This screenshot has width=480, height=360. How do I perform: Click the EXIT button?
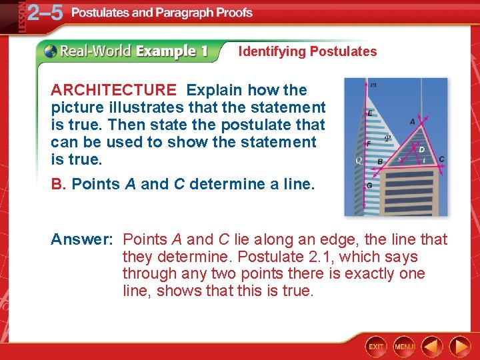point(377,346)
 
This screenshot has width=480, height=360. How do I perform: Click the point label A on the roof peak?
point(412,122)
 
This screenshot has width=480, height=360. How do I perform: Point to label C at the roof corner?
point(441,159)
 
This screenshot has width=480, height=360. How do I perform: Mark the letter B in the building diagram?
point(380,161)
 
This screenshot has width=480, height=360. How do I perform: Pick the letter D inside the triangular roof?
point(420,149)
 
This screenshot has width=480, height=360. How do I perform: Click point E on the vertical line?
point(370,114)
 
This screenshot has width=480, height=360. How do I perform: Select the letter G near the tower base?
point(369,185)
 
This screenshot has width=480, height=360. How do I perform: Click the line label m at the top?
point(373,85)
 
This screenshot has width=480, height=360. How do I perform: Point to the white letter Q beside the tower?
point(359,161)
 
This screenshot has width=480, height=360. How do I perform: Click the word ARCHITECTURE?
point(113,90)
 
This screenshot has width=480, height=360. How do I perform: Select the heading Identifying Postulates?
point(307,51)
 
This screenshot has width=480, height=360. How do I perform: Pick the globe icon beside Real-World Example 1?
point(51,51)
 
